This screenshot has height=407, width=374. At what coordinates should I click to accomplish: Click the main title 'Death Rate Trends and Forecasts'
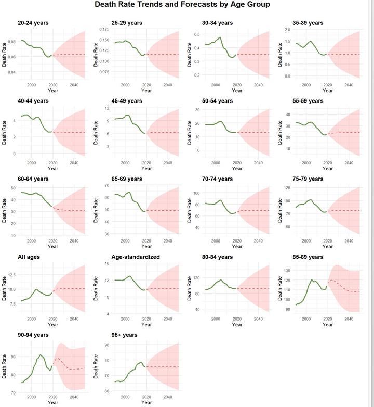(182, 5)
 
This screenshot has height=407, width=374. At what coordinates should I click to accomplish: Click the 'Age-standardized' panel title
(136, 257)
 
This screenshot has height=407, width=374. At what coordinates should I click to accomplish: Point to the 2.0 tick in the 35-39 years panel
(288, 30)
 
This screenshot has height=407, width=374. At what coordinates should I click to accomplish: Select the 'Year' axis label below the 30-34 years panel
(237, 91)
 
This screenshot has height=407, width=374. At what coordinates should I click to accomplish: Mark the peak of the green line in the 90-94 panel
(41, 355)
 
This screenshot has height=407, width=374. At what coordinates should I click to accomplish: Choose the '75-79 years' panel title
(311, 179)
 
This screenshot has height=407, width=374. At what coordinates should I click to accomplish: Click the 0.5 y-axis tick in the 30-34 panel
(197, 34)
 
